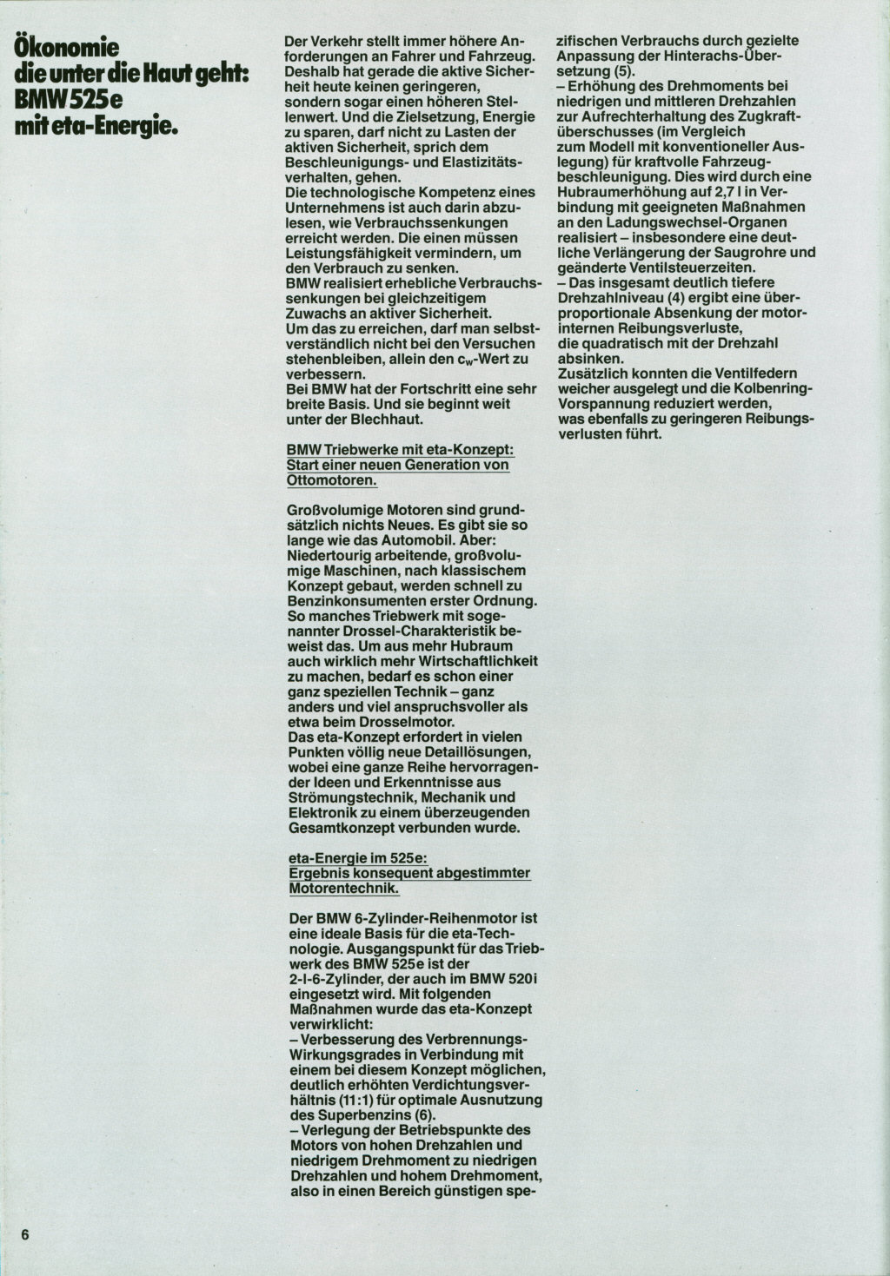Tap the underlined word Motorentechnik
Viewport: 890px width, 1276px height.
pyautogui.click(x=343, y=889)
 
